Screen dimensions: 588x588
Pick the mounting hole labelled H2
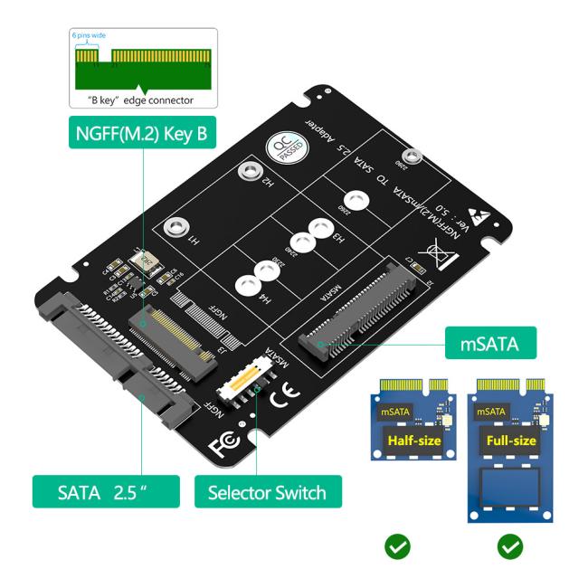point(245,174)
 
